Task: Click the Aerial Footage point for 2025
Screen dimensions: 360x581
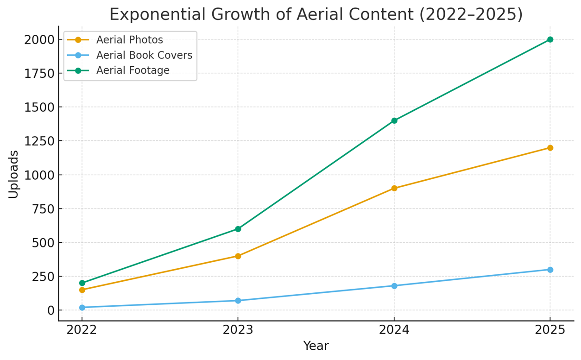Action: click(550, 39)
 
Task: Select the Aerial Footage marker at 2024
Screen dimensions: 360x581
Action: click(394, 120)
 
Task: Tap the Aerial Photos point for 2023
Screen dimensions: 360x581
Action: click(238, 256)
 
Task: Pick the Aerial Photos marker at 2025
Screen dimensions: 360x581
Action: click(550, 148)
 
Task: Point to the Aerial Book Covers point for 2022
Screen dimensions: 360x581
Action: click(82, 307)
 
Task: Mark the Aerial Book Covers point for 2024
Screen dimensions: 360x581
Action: click(394, 286)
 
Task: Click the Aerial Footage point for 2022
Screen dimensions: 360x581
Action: click(82, 283)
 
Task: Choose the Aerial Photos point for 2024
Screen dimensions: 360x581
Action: click(394, 188)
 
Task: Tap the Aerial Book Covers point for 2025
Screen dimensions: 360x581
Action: click(550, 270)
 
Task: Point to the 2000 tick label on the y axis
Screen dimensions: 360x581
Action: click(39, 40)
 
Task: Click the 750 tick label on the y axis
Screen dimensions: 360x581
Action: click(43, 209)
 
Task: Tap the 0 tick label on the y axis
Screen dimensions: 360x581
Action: click(51, 310)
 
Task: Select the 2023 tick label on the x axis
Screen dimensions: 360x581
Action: click(238, 330)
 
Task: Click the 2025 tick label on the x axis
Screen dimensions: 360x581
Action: click(550, 330)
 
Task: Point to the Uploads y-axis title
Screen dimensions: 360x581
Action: click(14, 174)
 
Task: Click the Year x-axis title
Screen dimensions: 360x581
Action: click(316, 346)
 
